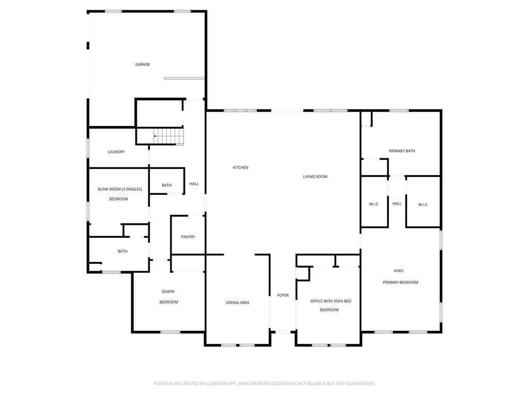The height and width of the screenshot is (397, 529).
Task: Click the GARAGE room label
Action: (143, 64)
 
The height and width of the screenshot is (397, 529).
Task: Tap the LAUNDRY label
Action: (116, 152)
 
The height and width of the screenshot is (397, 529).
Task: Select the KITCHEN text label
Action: (241, 167)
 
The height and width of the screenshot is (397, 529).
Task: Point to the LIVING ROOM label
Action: (315, 177)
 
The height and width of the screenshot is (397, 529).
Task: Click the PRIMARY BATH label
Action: (402, 151)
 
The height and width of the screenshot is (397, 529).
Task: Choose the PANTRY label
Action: (188, 237)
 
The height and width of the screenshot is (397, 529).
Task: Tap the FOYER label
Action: (283, 295)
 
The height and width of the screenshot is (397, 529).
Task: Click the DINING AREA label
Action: (238, 302)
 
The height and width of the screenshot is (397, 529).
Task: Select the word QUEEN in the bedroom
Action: (168, 292)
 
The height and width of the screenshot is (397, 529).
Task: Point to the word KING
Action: (398, 271)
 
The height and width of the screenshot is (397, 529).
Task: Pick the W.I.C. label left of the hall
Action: (374, 204)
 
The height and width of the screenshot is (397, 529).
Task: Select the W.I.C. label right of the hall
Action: (423, 205)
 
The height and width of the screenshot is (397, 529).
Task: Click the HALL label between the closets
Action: (397, 204)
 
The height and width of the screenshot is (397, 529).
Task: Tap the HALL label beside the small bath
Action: (194, 184)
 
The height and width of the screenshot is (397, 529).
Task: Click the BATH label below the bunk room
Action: (122, 251)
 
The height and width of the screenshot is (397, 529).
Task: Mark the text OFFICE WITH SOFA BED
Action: (331, 301)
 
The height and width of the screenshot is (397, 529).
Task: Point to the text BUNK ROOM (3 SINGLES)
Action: (120, 189)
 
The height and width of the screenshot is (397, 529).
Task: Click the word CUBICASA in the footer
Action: (223, 384)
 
